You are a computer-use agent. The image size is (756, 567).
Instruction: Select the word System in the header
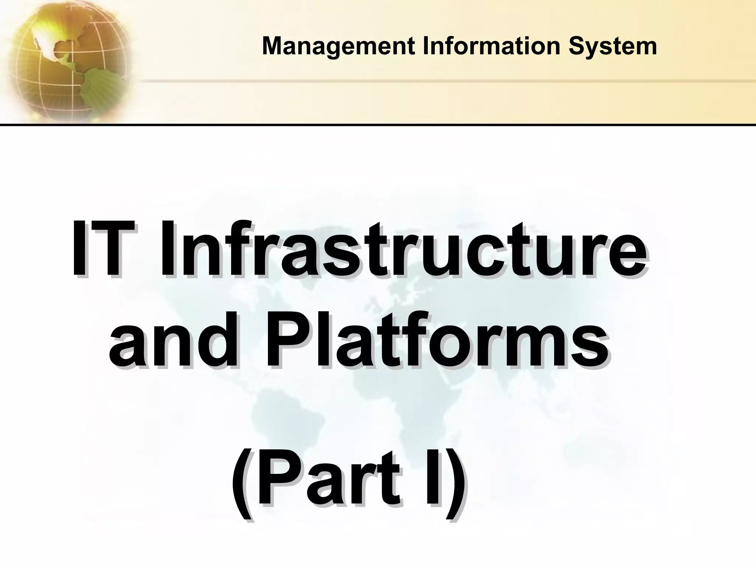point(613,47)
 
